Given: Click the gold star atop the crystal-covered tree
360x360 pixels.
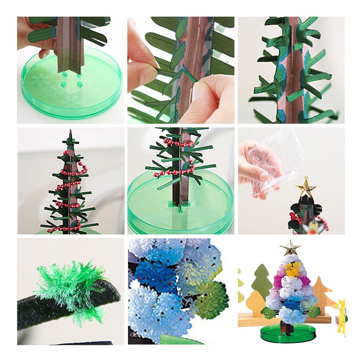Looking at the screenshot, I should [290, 247].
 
